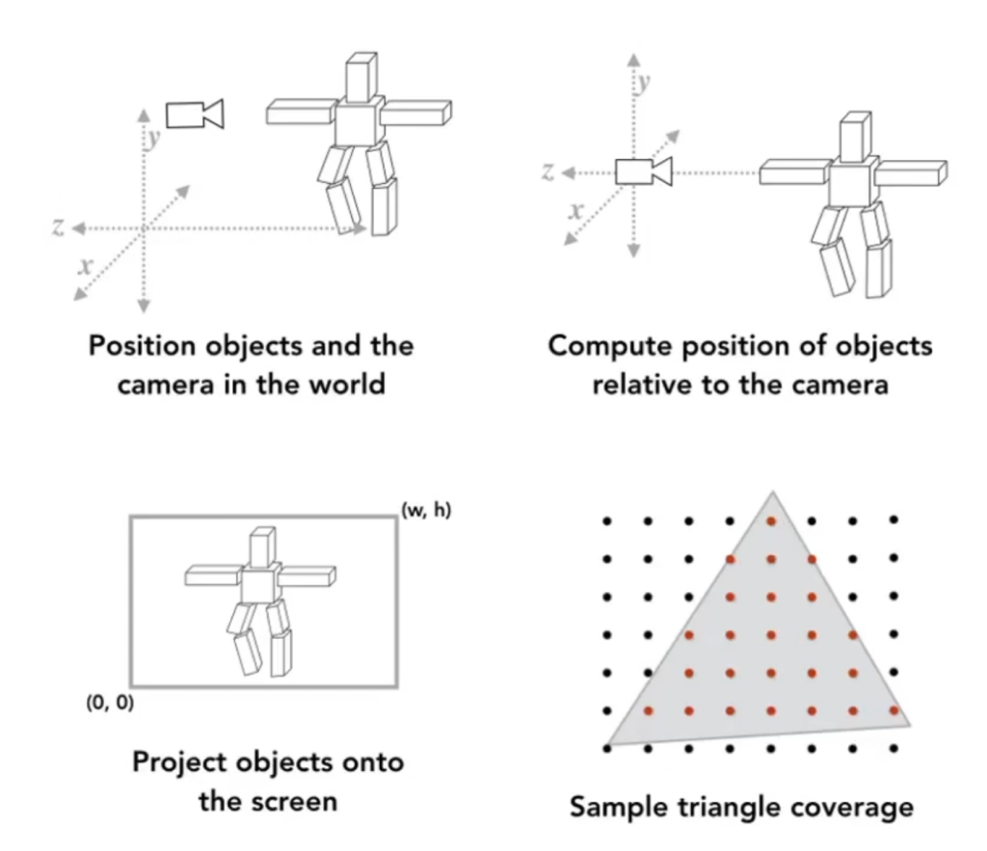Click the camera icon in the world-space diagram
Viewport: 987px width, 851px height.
(194, 114)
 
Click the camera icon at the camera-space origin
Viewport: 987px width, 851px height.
(643, 172)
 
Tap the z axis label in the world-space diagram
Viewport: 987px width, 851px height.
(59, 226)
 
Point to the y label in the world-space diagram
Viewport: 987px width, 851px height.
(152, 138)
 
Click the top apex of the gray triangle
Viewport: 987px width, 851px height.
(771, 493)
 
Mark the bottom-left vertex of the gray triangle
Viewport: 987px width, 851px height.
(608, 746)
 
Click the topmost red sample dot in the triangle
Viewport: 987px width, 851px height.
(771, 521)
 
